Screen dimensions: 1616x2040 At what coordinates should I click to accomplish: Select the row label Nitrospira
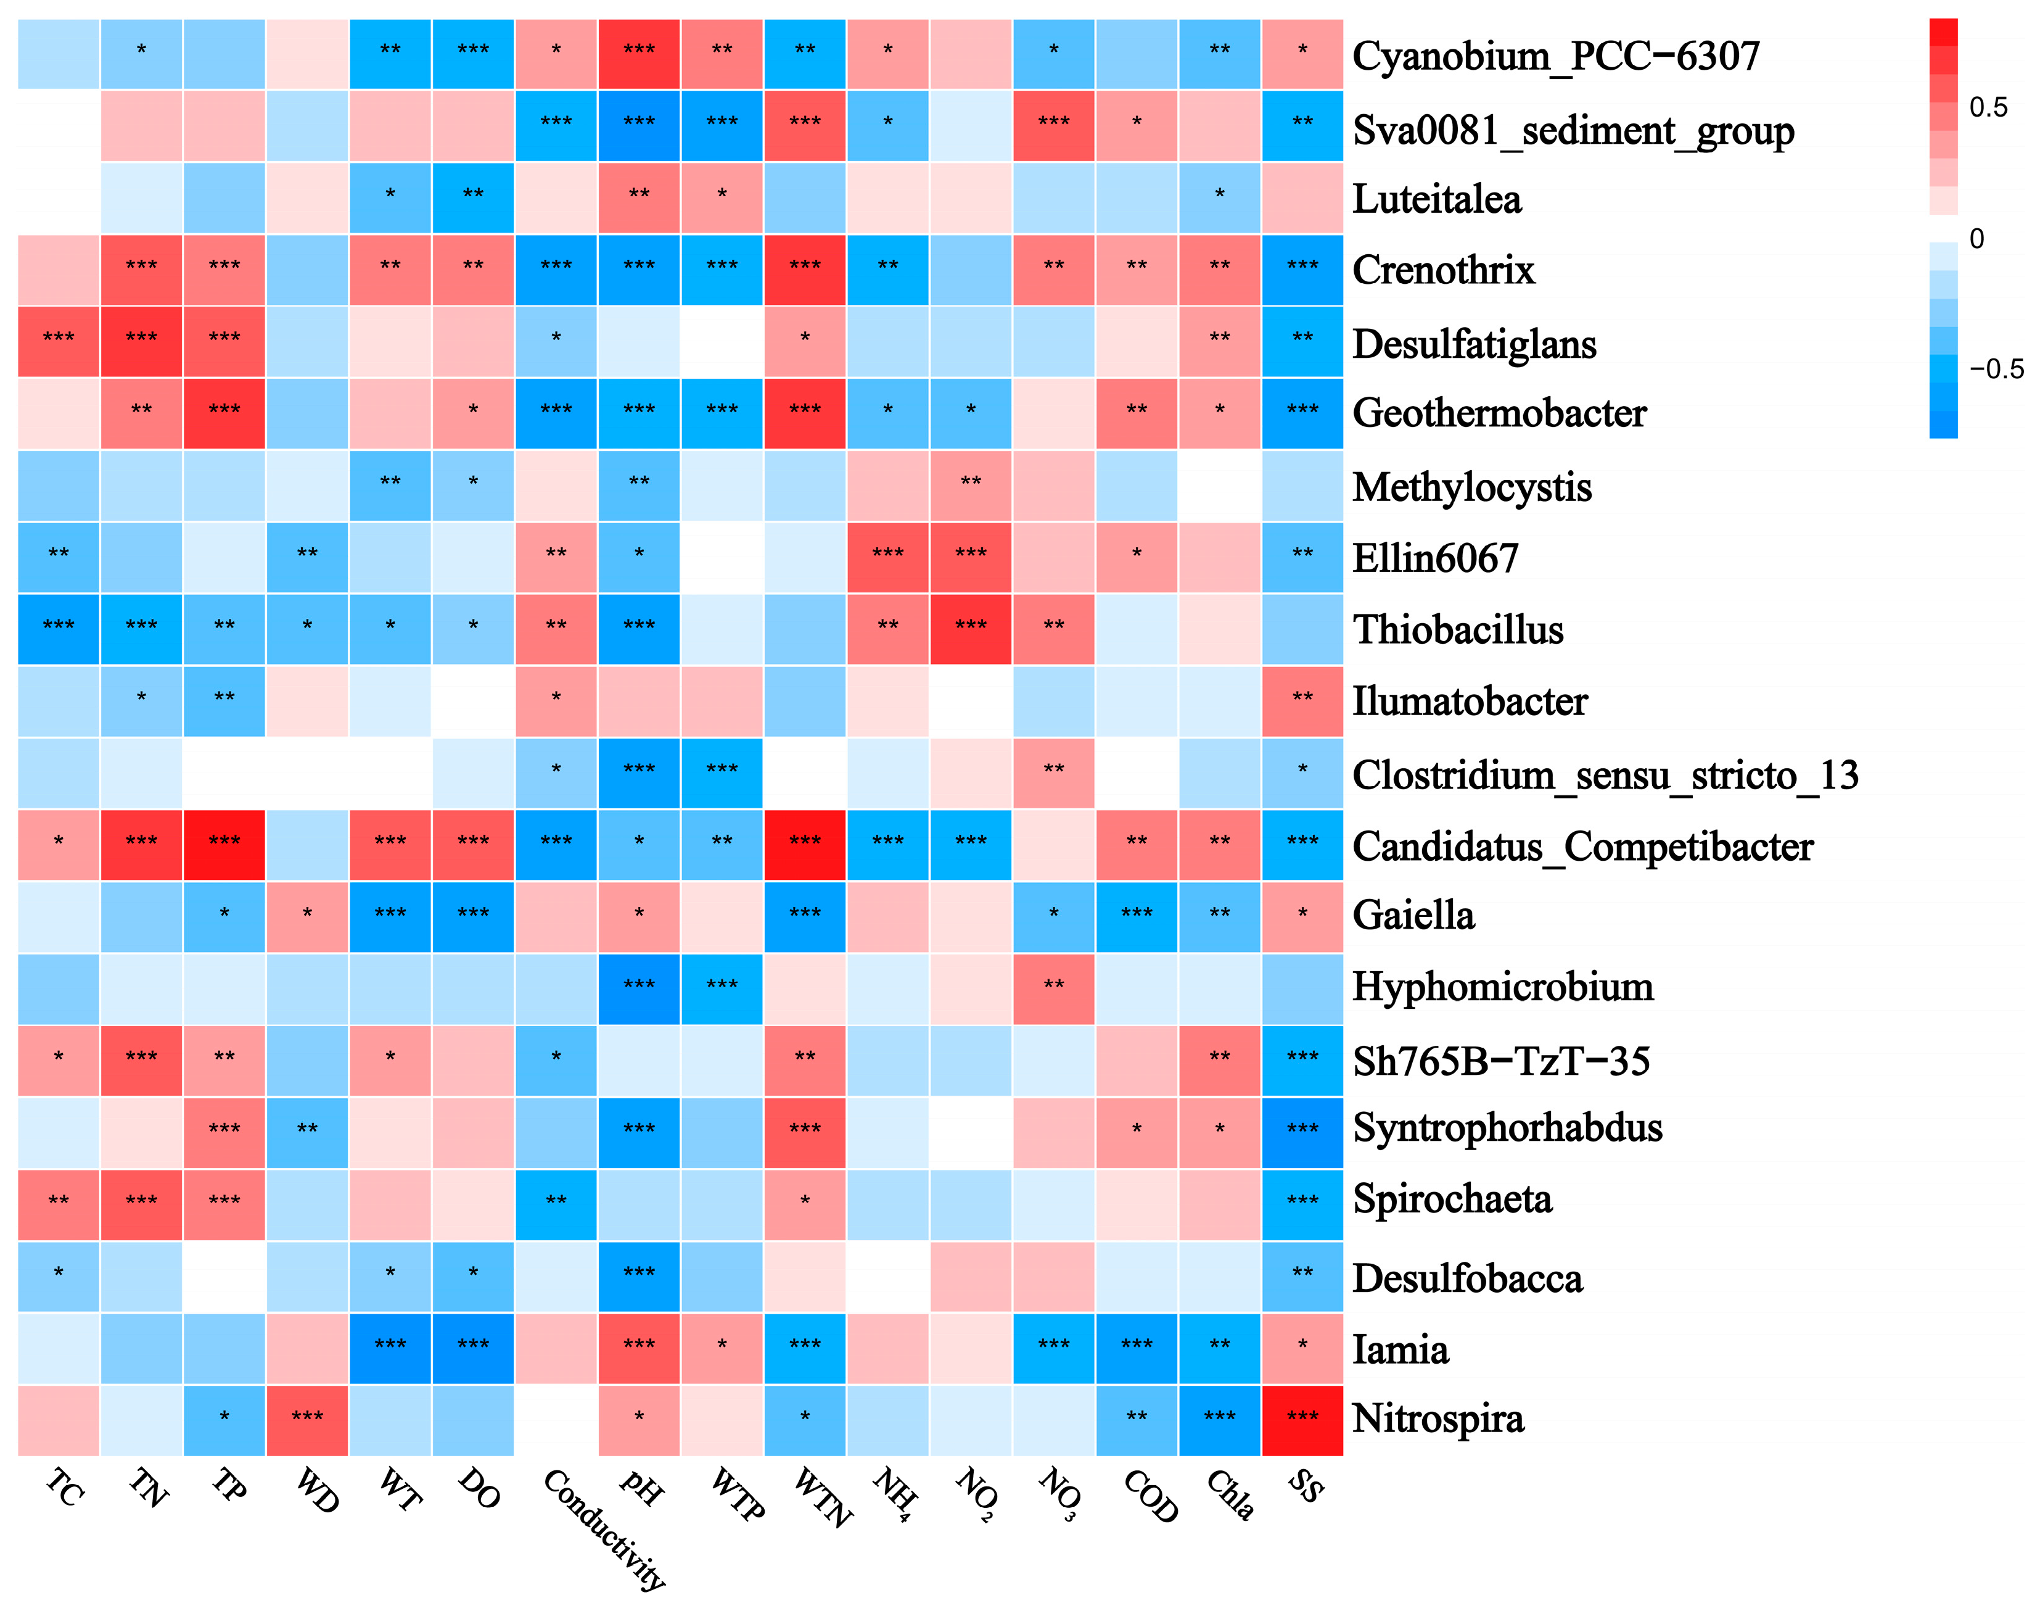point(1437,1419)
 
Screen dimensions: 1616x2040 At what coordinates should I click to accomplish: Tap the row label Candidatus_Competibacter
point(1581,846)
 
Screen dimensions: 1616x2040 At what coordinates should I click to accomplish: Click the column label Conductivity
point(606,1527)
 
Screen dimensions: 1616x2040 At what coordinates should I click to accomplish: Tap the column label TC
point(64,1487)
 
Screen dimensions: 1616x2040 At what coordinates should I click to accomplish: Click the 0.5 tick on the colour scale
point(1987,107)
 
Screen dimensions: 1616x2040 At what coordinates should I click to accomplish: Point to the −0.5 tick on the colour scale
point(1996,369)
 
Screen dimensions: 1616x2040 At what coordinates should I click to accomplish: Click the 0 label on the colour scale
point(1976,238)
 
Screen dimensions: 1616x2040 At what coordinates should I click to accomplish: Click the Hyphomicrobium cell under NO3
point(1053,988)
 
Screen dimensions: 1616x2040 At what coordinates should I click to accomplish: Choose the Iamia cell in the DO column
point(473,1348)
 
